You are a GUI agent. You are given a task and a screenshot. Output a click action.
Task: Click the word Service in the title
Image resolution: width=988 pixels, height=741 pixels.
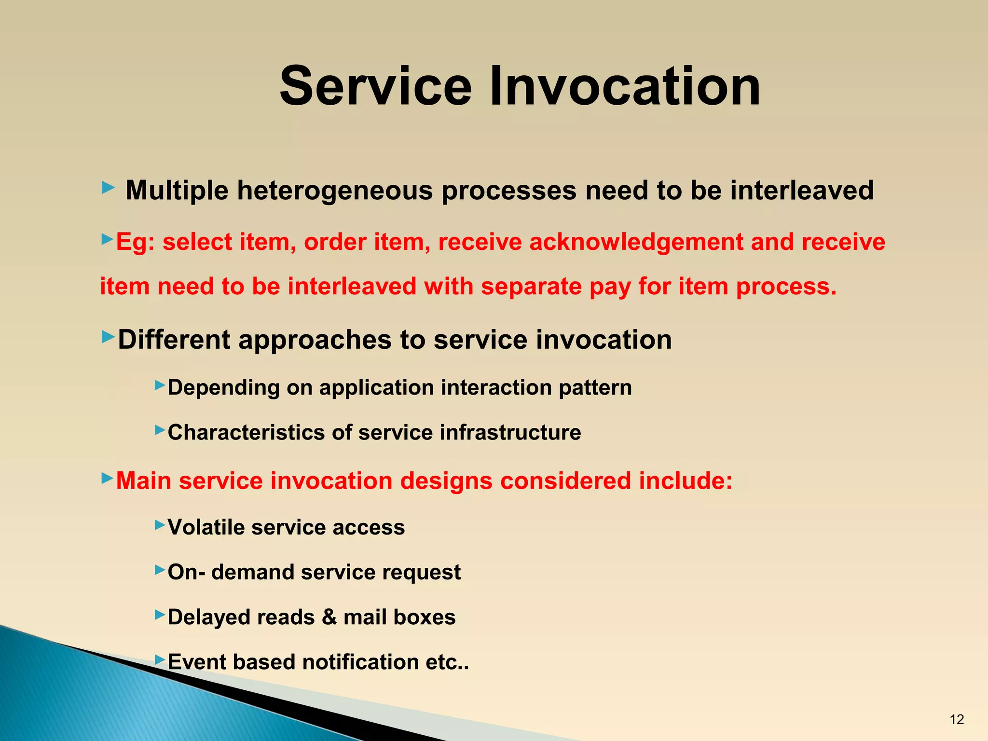tap(375, 87)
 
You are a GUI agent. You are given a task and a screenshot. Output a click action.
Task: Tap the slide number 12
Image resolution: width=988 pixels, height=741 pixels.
tap(957, 719)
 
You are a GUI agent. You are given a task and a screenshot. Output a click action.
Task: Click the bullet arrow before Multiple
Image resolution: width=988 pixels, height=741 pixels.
tap(108, 188)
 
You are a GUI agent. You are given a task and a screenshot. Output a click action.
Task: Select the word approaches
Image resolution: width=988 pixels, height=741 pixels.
tap(315, 341)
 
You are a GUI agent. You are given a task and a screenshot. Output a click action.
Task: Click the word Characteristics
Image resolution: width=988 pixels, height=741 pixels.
tap(246, 432)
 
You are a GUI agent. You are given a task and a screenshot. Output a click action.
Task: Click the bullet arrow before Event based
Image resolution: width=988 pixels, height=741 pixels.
tap(160, 659)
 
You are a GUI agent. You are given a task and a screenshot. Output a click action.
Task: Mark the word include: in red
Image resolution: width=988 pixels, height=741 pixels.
tap(686, 481)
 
